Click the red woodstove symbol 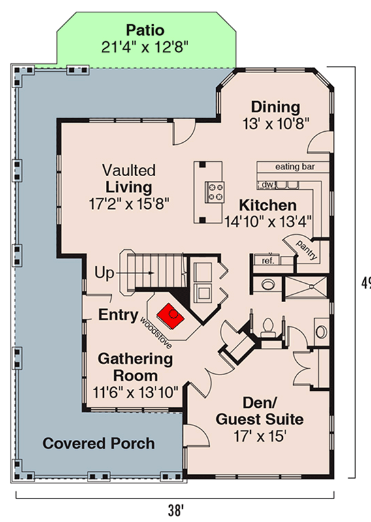[x=171, y=316]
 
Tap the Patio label [x=145, y=30]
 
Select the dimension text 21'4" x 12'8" [x=145, y=47]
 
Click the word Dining [x=276, y=107]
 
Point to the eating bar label [x=295, y=166]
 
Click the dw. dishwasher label [x=267, y=185]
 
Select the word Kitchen [x=268, y=205]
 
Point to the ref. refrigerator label [x=268, y=260]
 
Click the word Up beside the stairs [x=105, y=273]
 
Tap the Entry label [x=118, y=315]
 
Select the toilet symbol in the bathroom [x=267, y=328]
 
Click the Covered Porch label [x=99, y=444]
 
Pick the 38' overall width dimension [x=176, y=510]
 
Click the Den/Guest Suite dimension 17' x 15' [x=260, y=436]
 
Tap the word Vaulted [x=129, y=170]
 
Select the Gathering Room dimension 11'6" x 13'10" [x=135, y=393]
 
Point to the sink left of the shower [x=268, y=284]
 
